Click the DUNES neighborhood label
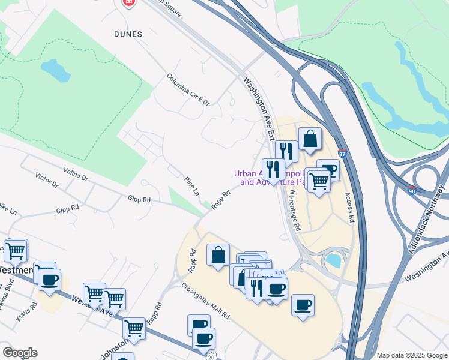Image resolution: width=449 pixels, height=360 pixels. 128,34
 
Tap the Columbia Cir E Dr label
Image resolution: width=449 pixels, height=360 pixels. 188,89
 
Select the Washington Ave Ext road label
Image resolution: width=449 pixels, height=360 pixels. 259,107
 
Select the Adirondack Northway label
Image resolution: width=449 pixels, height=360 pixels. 427,219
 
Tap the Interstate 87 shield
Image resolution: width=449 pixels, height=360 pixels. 342,154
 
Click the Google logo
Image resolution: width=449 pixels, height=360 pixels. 20,353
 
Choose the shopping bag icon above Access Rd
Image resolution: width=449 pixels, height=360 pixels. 310,139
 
